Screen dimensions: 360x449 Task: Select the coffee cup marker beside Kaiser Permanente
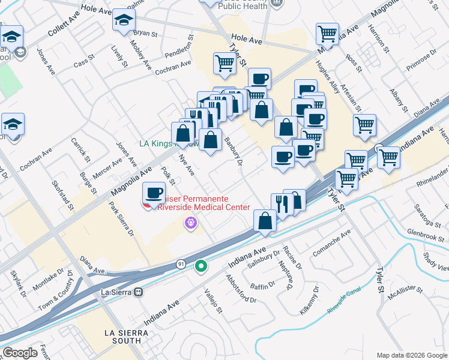coord(154,193)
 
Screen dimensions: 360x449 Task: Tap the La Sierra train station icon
coord(139,292)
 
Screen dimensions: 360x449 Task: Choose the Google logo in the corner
coord(20,353)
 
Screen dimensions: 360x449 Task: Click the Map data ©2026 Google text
coord(411,355)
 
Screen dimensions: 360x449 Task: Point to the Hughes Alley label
coord(328,77)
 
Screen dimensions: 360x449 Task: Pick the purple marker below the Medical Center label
coord(191,223)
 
